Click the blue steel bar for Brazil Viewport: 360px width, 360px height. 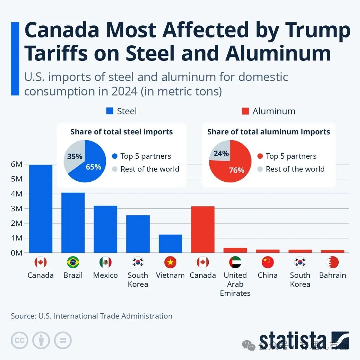coord(73,222)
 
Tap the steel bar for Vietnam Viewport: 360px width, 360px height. coord(170,243)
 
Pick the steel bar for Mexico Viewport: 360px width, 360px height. coord(105,229)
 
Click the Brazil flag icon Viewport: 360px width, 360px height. coord(73,262)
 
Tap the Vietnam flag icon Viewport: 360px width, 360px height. coord(170,262)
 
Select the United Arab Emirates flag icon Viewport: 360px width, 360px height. coord(235,262)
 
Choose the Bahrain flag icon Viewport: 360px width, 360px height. coord(333,262)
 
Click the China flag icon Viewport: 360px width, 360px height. coord(268,262)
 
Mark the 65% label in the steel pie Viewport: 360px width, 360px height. coord(93,167)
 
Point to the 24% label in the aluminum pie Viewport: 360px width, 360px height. coord(221,154)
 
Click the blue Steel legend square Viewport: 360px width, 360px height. coord(110,111)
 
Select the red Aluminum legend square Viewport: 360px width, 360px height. coord(245,111)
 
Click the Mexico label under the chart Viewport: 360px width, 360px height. coord(105,275)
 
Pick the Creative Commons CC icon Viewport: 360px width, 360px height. coord(19,341)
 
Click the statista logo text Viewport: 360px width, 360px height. coord(293,341)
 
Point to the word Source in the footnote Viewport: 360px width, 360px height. coord(23,316)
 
